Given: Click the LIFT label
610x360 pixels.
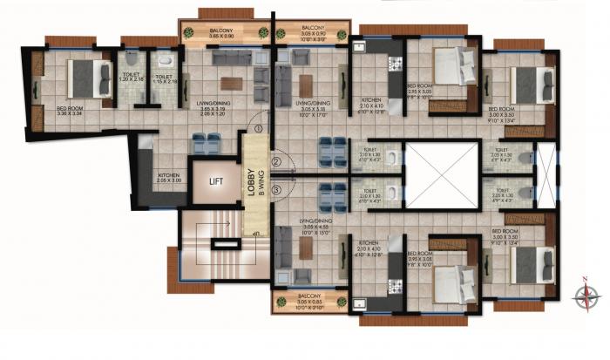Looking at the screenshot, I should [217, 183].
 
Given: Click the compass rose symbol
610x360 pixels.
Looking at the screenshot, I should [585, 295].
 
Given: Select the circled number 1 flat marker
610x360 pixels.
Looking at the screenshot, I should [259, 130].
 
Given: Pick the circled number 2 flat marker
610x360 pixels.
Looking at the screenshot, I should [275, 161].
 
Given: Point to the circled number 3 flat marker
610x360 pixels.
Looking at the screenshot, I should [275, 188].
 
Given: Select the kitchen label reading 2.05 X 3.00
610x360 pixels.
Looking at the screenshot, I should [169, 179].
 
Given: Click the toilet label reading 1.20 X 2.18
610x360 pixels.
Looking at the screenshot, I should [133, 79].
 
